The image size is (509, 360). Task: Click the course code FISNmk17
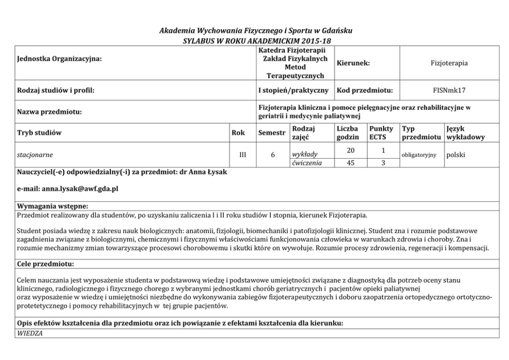point(449,90)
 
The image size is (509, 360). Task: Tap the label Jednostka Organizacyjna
point(60,59)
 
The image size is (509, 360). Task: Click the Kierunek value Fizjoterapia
point(449,63)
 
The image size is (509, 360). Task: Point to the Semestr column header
point(271,133)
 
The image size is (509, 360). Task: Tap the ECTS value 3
point(382,163)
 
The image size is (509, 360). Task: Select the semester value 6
point(272,154)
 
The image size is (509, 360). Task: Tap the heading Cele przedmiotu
point(45,264)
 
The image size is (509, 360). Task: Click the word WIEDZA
point(30,333)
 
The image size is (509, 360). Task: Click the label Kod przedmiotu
point(364,90)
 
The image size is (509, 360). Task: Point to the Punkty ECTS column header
point(381,133)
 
